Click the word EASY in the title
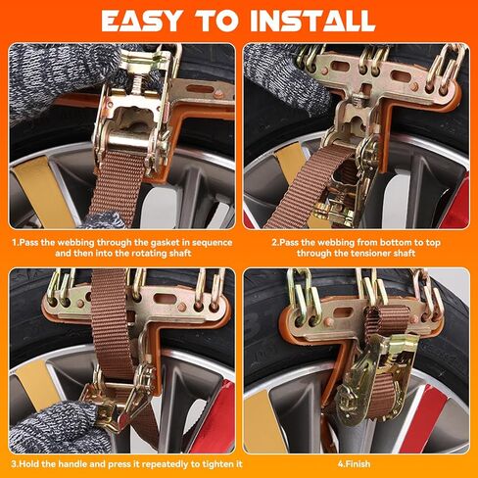(141, 21)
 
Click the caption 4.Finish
(355, 464)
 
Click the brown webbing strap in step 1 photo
(117, 186)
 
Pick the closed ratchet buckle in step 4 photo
(375, 380)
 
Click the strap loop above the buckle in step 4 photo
(386, 321)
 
